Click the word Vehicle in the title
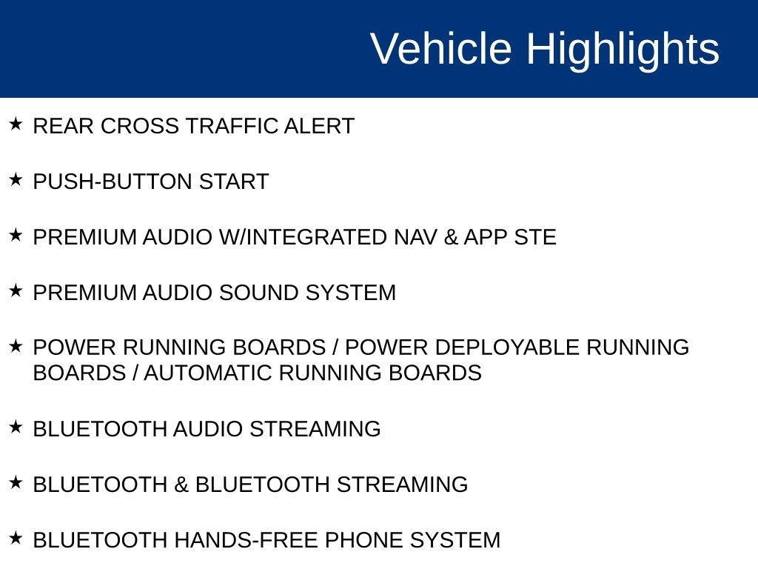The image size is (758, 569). [441, 48]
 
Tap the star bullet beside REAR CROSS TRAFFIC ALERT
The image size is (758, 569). [16, 124]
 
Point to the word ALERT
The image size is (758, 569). [319, 126]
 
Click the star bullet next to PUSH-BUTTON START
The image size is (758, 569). [16, 179]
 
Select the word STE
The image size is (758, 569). [534, 238]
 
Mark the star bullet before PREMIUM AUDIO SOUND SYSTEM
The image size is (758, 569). [16, 290]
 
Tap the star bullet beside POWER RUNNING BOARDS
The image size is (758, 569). [16, 346]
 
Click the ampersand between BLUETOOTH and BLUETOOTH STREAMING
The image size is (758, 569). [181, 485]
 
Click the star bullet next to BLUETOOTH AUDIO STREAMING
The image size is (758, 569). [16, 427]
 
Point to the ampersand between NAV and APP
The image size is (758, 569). [451, 238]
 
